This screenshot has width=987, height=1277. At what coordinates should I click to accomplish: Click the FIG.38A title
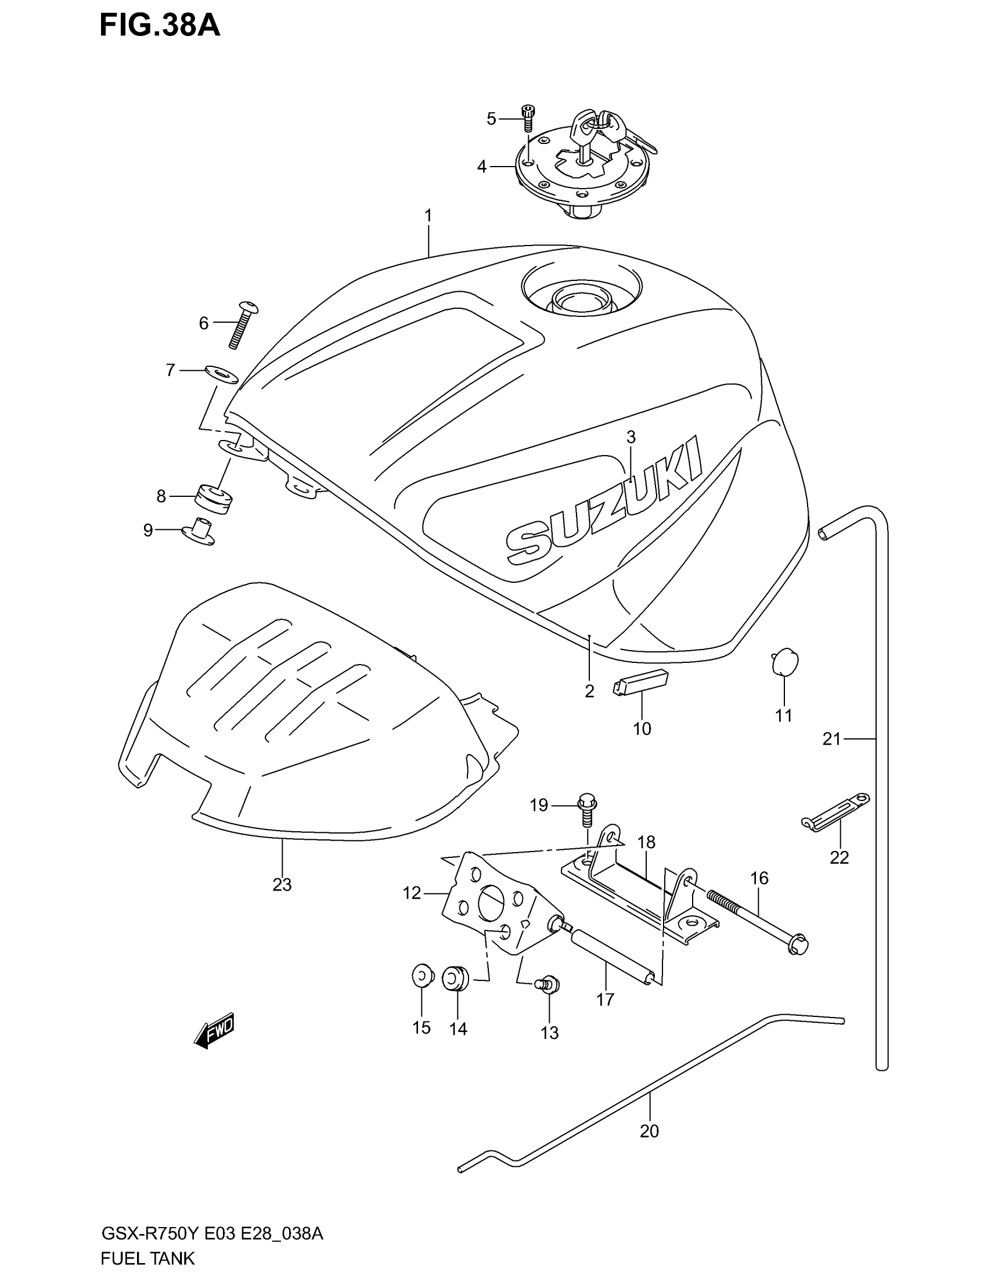pos(159,26)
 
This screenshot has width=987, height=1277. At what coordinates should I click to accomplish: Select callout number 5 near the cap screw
pos(491,118)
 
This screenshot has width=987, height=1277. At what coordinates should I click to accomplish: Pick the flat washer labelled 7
pos(222,374)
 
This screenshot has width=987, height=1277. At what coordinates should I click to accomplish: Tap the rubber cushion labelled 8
pos(214,498)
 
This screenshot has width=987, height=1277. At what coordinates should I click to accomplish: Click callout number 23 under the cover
pos(282,885)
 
